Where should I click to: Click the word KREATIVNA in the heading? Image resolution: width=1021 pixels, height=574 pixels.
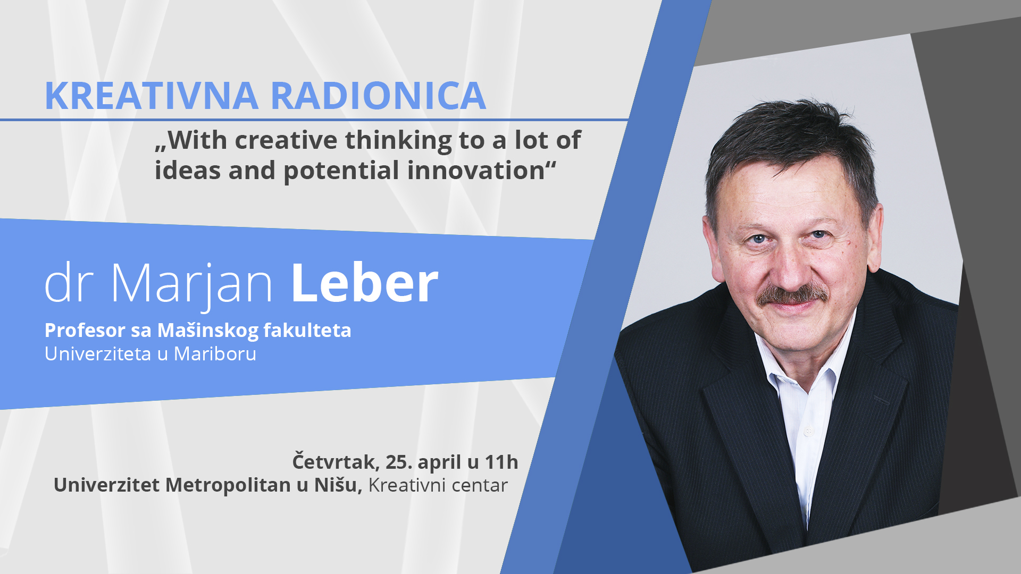pyautogui.click(x=152, y=96)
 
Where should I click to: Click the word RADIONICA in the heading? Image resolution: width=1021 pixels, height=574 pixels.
pyautogui.click(x=378, y=96)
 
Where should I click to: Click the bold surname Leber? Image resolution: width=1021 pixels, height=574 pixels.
pyautogui.click(x=364, y=283)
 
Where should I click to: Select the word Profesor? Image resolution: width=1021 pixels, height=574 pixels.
pyautogui.click(x=85, y=330)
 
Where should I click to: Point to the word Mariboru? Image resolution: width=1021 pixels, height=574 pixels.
pyautogui.click(x=215, y=353)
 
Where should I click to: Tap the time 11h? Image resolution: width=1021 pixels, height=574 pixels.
pyautogui.click(x=501, y=462)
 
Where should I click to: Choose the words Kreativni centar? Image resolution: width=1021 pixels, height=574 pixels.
pyautogui.click(x=438, y=485)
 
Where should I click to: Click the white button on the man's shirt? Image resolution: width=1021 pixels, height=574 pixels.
pyautogui.click(x=808, y=431)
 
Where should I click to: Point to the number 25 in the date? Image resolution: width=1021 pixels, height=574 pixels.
pyautogui.click(x=398, y=462)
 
